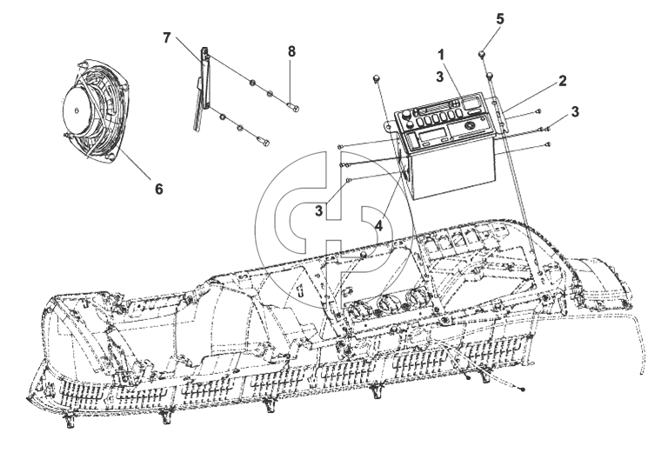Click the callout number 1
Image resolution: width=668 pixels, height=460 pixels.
click(x=442, y=55)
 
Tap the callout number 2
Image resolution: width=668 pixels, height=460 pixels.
click(x=563, y=81)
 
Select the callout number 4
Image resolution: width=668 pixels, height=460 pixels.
click(x=378, y=226)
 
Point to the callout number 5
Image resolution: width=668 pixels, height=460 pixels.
click(x=500, y=19)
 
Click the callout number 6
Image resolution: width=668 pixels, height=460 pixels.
click(x=158, y=189)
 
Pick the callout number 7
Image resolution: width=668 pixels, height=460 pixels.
click(x=167, y=38)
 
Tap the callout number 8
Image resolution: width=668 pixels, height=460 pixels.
click(x=291, y=52)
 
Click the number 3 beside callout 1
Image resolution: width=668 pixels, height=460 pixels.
click(x=439, y=77)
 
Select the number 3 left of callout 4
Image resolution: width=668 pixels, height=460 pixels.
click(x=319, y=210)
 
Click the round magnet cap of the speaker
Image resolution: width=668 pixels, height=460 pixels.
click(x=77, y=110)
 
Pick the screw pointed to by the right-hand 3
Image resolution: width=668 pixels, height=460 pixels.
click(x=548, y=127)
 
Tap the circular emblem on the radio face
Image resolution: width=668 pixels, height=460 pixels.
click(x=470, y=125)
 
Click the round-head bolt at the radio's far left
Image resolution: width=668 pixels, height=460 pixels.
click(x=376, y=79)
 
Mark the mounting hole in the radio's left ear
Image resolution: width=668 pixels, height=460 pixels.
click(x=388, y=125)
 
